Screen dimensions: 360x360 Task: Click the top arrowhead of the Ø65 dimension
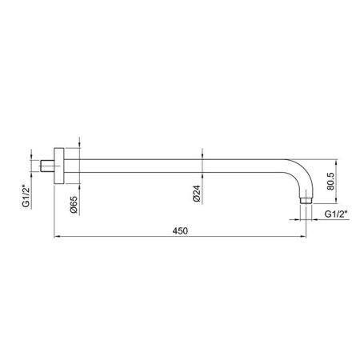(81, 146)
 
